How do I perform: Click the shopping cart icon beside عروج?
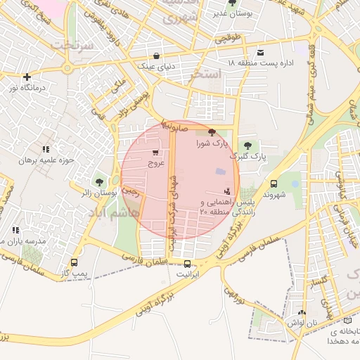tap(155, 152)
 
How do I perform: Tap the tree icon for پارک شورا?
tap(212, 131)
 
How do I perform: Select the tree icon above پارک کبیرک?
tap(245, 146)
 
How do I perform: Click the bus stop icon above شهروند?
tap(274, 183)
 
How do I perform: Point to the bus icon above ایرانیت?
tap(186, 264)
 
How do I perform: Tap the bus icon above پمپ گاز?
tap(74, 263)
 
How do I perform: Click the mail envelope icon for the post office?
tap(261, 53)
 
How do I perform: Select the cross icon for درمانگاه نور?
tap(27, 77)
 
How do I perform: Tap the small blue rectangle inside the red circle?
tap(220, 172)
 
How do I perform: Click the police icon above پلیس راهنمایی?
tap(226, 191)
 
